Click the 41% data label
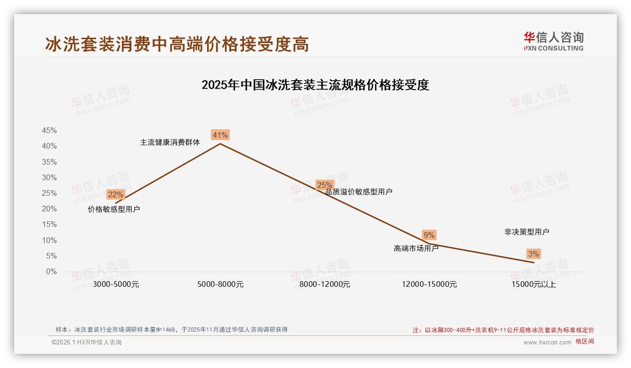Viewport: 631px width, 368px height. point(220,135)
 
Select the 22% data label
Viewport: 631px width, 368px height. point(115,194)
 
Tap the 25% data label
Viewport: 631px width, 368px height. point(324,185)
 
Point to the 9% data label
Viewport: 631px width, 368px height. point(429,235)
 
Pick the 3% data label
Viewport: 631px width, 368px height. point(534,254)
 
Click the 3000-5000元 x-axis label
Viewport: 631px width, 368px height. point(116,284)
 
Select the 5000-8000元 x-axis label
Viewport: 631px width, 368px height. point(220,284)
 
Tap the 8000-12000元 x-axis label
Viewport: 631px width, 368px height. point(325,284)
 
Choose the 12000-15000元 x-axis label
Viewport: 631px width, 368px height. point(429,284)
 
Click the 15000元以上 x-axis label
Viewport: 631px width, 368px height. point(534,284)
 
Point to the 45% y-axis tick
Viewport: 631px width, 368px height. point(49,131)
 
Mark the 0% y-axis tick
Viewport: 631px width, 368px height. point(51,272)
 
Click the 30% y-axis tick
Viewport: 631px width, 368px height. point(49,178)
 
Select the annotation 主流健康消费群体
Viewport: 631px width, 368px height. point(170,142)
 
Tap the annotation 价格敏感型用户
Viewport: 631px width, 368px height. point(114,209)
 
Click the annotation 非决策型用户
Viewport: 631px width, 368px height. point(526,232)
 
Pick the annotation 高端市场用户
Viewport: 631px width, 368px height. point(416,248)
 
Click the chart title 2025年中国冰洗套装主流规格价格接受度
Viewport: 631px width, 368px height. point(315,85)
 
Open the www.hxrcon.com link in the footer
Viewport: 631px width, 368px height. point(547,343)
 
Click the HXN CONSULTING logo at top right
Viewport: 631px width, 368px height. point(553,42)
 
